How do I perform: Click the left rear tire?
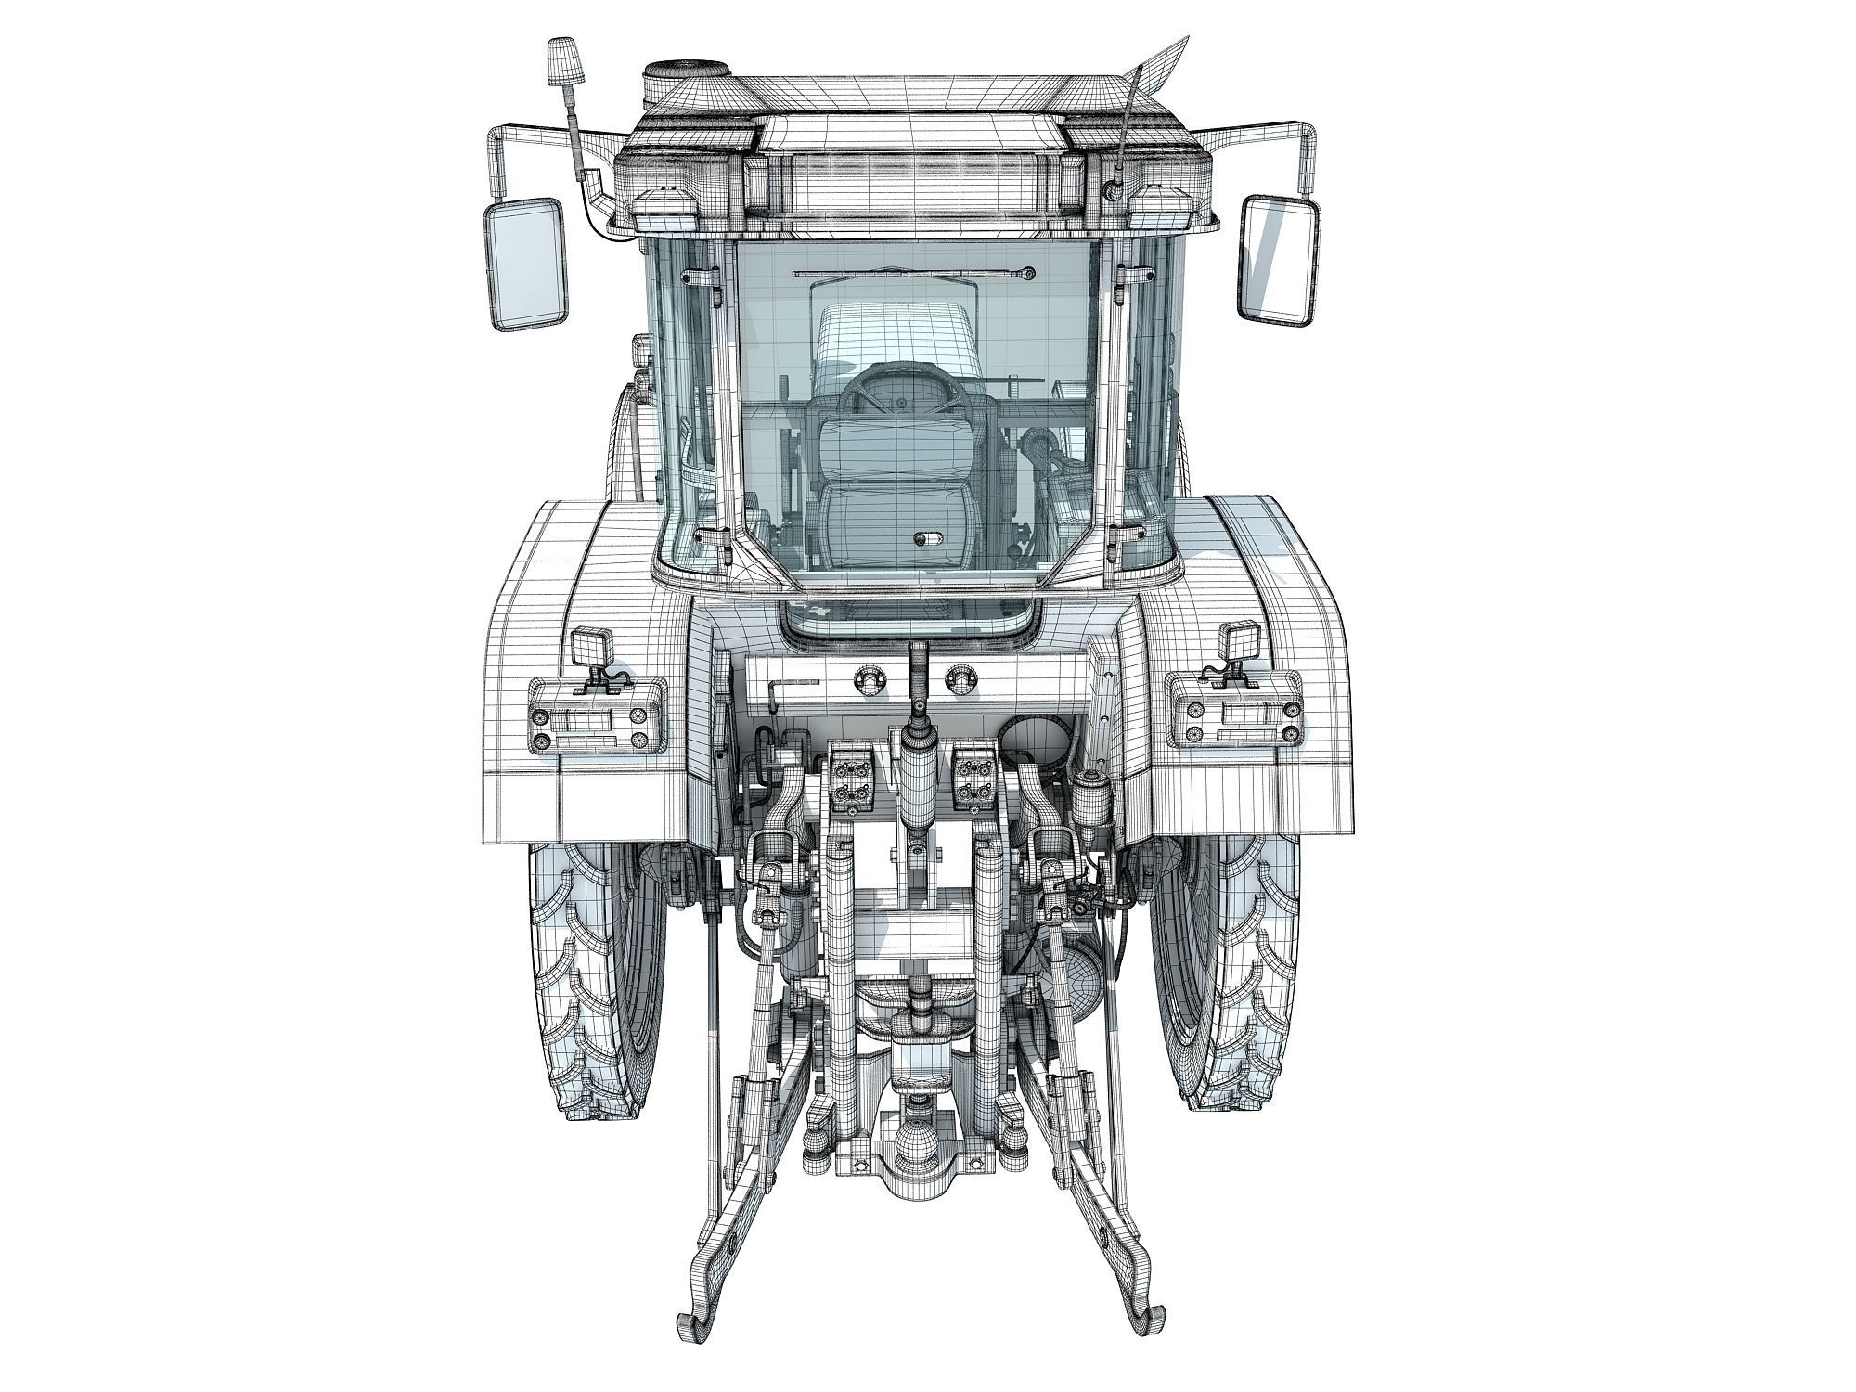coord(589,974)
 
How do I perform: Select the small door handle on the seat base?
coord(925,538)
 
